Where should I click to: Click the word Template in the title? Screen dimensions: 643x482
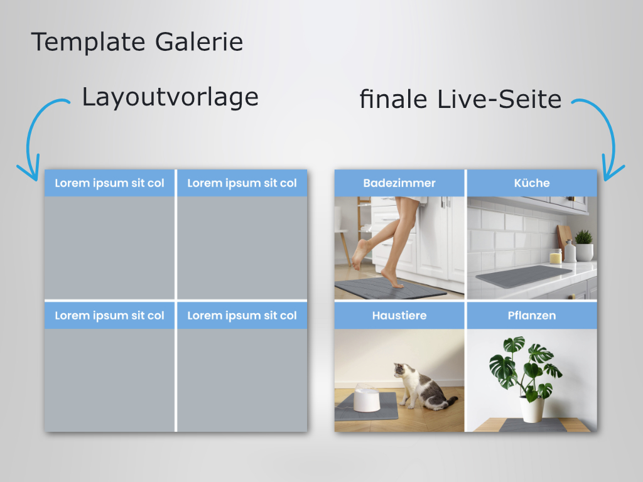[88, 43]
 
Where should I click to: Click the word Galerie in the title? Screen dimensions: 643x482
[199, 41]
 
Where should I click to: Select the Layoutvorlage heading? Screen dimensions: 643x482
[170, 98]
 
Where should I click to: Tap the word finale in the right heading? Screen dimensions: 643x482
[393, 99]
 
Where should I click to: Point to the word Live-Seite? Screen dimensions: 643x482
[499, 99]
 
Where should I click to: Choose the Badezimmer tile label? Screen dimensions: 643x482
[399, 183]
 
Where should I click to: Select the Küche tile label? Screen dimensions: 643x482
[532, 183]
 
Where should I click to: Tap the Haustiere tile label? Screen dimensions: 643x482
[399, 316]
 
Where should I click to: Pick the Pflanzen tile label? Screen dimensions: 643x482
[532, 316]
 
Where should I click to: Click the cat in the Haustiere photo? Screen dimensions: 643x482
[423, 387]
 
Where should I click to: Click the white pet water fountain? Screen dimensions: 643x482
[367, 398]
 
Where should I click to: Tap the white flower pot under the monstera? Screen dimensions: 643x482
[532, 409]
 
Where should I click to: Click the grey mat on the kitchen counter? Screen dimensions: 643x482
[524, 276]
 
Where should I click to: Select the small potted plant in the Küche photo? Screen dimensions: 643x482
[584, 245]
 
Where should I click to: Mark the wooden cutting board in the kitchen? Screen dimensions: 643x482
[563, 242]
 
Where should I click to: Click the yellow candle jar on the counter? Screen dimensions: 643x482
[555, 257]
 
